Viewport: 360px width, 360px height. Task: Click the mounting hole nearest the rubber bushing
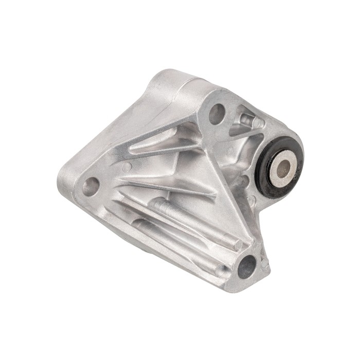[x=217, y=114]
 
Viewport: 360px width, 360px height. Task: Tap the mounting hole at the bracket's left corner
[x=91, y=186]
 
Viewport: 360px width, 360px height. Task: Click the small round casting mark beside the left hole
[x=126, y=167]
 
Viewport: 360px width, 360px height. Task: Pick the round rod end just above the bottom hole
[x=237, y=246]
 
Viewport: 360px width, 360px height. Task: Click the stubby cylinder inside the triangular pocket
[x=247, y=121]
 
